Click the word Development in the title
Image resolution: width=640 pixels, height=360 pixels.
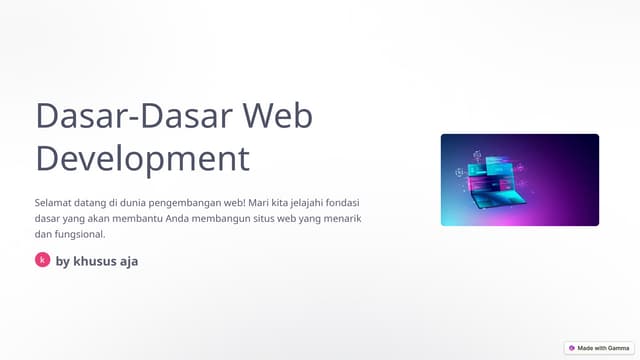142,158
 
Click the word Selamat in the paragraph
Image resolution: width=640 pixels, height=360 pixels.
55,202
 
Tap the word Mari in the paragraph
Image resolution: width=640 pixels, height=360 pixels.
264,202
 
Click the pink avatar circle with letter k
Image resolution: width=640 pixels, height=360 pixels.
42,260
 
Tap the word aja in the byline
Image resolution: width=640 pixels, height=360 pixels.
128,261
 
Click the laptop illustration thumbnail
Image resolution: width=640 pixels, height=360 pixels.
519,180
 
